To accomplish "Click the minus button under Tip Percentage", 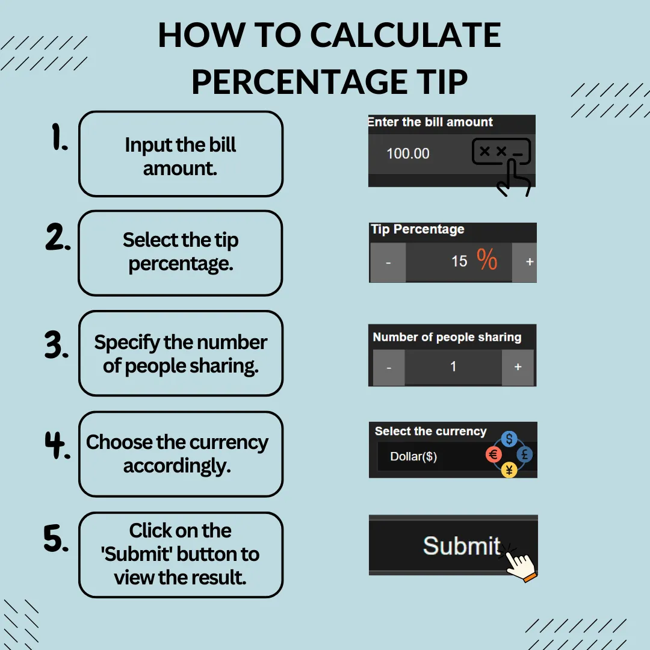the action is pos(388,262).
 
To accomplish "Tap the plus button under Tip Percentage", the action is pos(525,262).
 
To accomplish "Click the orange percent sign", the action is pos(487,259).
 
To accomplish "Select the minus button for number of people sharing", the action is pos(389,368).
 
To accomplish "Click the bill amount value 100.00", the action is pos(408,154).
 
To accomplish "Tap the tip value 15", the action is pos(459,261).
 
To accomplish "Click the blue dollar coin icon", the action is pos(509,439).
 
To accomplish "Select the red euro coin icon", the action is pos(494,455).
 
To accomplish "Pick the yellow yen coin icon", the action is pos(509,470).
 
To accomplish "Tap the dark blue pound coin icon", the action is pos(525,455).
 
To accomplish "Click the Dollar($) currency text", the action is pos(413,456).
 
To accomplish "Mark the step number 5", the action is pos(56,538).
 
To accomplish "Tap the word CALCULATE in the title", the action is pos(406,35).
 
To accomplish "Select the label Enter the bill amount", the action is pos(430,122).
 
